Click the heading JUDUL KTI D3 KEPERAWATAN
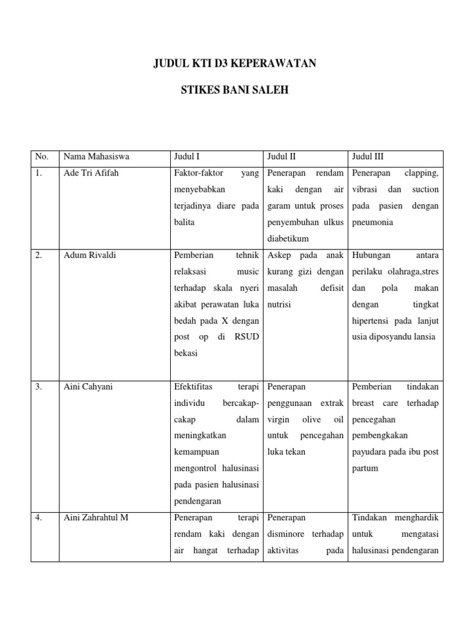click(x=235, y=64)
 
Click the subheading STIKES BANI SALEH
click(x=235, y=90)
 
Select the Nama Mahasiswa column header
click(x=96, y=156)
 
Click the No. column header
click(x=41, y=156)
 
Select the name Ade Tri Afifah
click(x=91, y=173)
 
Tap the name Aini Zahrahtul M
click(x=96, y=518)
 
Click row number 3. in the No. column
click(x=39, y=386)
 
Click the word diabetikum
click(x=288, y=239)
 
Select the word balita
click(x=184, y=223)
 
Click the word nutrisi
click(x=279, y=304)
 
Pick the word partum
click(x=365, y=468)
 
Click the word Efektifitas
click(x=193, y=386)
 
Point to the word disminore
click(x=287, y=534)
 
